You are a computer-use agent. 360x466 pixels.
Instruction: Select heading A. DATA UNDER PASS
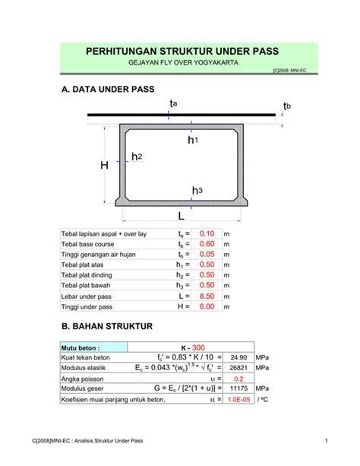coord(106,90)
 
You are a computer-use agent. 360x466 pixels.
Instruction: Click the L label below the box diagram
coord(182,217)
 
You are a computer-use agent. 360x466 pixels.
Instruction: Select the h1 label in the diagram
coord(193,141)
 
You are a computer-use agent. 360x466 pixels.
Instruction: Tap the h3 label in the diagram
coord(196,191)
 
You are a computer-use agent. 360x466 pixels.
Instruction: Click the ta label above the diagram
coord(175,103)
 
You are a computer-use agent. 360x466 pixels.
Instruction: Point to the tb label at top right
coord(287,105)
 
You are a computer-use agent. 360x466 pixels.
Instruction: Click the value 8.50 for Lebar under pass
coord(207,296)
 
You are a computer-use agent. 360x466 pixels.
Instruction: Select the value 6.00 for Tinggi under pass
coord(207,306)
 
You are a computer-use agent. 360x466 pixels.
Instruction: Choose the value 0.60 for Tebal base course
coord(207,244)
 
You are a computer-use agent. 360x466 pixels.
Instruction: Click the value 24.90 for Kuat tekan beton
coord(237,357)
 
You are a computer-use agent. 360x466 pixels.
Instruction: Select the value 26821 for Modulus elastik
coord(237,367)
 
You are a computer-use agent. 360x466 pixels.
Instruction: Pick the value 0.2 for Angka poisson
coord(237,378)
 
